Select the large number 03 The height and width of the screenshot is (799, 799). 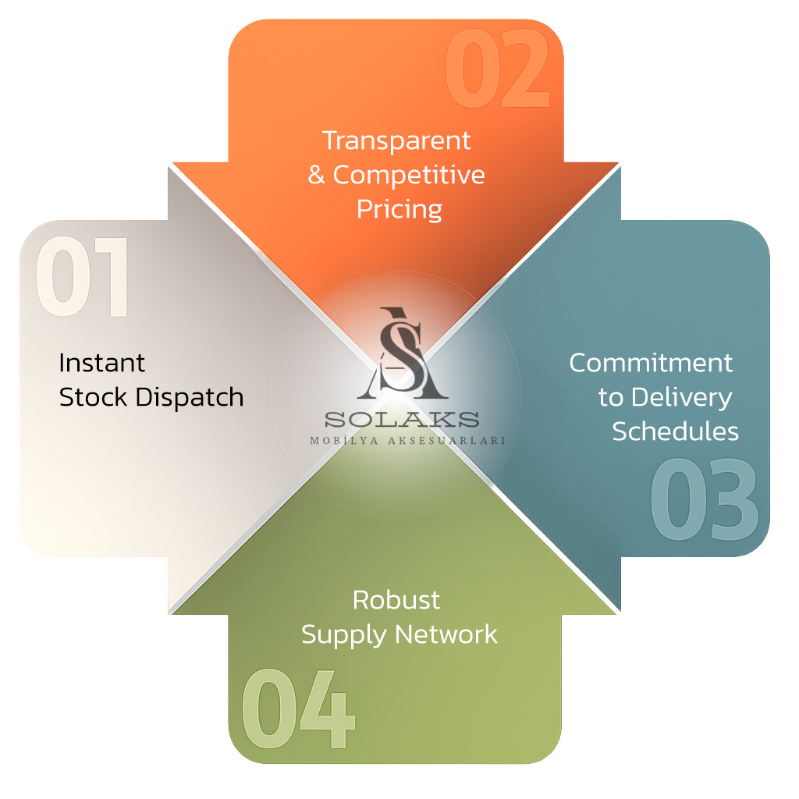[704, 500]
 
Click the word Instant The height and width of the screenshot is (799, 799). [102, 363]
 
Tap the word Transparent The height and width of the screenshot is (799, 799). [397, 140]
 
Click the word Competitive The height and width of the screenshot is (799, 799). [409, 175]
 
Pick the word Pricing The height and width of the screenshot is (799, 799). [399, 209]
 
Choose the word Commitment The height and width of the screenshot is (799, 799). [651, 363]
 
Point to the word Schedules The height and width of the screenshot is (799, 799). [675, 431]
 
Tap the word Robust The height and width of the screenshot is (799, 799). [396, 600]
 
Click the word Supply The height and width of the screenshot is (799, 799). [343, 635]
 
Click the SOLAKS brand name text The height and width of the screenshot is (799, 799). [402, 419]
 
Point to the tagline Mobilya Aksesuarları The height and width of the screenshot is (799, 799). [407, 440]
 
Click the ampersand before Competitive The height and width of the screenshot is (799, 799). [316, 175]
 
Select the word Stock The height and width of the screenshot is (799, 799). [94, 397]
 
